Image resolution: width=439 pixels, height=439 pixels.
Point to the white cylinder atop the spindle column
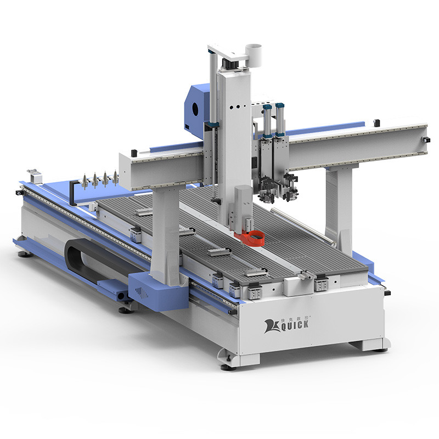pyautogui.click(x=253, y=53)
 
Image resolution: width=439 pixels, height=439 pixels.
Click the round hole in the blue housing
pyautogui.click(x=196, y=109)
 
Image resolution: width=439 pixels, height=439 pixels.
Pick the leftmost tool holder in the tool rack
pyautogui.click(x=85, y=181)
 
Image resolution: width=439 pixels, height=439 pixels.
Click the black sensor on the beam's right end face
pyautogui.click(x=427, y=141)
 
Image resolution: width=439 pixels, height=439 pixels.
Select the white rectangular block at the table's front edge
pyautogui.click(x=296, y=286)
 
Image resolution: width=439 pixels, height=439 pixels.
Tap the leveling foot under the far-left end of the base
pyautogui.click(x=24, y=254)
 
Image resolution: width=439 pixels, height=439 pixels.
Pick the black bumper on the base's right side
pyautogui.click(x=387, y=293)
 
